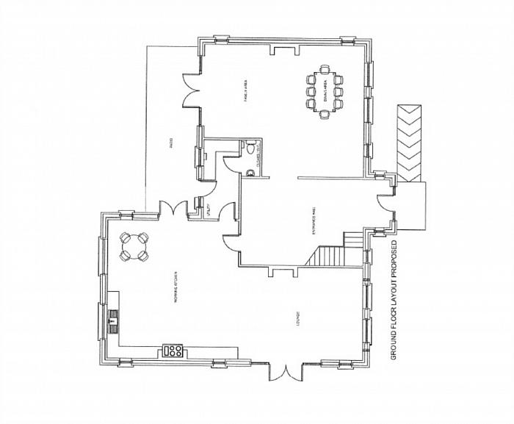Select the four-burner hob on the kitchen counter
(x=175, y=351)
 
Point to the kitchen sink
(x=113, y=320)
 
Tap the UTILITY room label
(x=209, y=208)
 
